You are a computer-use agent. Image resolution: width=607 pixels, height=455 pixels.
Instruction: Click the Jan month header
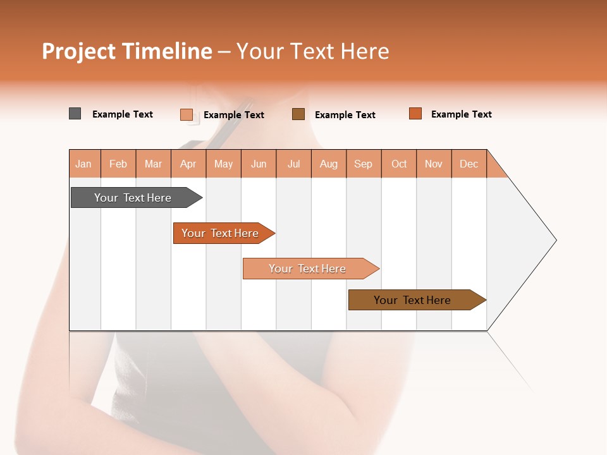coord(84,164)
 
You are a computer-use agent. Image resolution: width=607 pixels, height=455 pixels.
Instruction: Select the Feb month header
coord(118,164)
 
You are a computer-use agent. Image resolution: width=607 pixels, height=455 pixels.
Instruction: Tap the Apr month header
coord(188,164)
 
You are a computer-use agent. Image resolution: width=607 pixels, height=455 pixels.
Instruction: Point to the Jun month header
coord(259,164)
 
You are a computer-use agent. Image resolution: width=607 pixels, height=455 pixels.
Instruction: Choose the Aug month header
coord(329,164)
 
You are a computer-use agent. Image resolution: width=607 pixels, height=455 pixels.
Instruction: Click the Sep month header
coord(364,164)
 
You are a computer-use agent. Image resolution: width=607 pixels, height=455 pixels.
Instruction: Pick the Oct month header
coord(399,164)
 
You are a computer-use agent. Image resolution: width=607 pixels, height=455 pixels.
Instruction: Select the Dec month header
coord(469,164)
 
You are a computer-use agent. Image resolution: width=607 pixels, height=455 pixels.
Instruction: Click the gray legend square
coord(75,114)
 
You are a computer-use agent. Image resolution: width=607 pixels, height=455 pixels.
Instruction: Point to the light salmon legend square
coord(187,114)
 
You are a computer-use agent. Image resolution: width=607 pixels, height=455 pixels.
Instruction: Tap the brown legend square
coord(298,114)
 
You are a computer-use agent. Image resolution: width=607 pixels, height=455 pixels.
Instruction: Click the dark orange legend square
coord(415,114)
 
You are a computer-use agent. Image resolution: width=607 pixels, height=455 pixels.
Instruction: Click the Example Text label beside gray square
coord(123,114)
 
